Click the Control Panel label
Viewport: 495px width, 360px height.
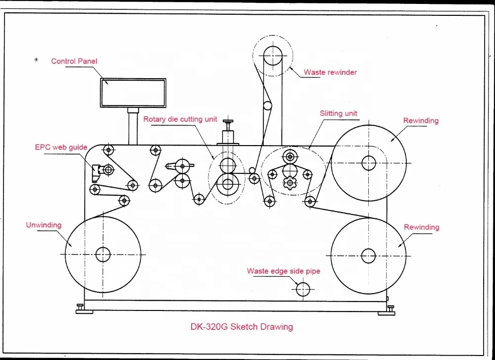coord(74,61)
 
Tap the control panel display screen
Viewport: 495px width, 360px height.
coord(133,93)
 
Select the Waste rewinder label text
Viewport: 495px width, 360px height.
coord(330,72)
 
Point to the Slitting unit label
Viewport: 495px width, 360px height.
coord(339,113)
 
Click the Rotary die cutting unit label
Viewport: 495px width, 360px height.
coord(180,119)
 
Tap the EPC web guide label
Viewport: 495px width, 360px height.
coord(61,147)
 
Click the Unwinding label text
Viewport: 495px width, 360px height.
coord(44,225)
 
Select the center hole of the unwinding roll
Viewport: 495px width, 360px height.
coord(103,254)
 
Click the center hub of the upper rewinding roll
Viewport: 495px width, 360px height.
coord(368,162)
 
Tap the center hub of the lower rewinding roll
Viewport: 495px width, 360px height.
coord(368,256)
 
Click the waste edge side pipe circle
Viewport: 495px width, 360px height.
coord(303,289)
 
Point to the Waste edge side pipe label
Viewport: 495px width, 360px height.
coord(283,271)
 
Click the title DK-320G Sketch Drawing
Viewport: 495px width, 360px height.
coord(242,327)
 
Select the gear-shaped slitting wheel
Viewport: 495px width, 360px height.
coord(289,183)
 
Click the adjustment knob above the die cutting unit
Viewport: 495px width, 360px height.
coord(228,122)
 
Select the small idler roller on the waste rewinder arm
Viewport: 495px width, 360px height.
coord(267,105)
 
